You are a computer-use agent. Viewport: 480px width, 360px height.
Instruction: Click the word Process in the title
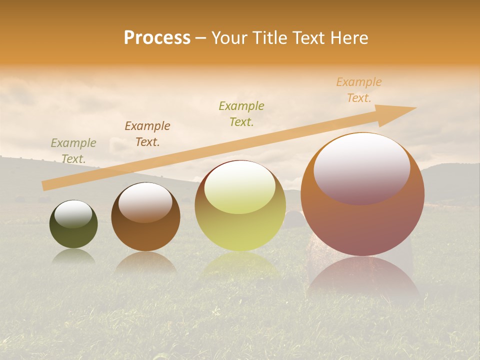[157, 38]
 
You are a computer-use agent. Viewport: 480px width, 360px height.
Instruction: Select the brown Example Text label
[147, 134]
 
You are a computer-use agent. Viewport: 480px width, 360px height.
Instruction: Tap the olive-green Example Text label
[241, 113]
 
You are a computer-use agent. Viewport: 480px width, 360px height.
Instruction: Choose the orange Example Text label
[359, 90]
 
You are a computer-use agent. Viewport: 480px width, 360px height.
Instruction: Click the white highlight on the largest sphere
[361, 167]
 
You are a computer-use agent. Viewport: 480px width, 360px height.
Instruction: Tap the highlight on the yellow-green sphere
[239, 187]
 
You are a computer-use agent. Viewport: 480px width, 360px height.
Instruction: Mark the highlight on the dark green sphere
[73, 214]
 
